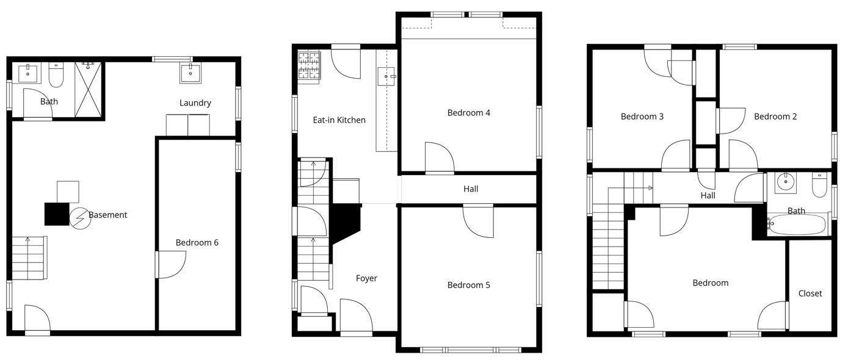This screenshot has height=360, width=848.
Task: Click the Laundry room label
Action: point(195,103)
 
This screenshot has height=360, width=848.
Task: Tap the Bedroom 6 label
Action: point(197,243)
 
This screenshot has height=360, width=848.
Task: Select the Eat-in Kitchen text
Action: point(339,120)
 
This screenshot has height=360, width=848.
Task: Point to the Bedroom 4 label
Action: point(469,113)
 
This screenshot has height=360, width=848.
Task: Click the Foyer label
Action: point(366,279)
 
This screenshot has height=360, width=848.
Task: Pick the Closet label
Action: point(810,293)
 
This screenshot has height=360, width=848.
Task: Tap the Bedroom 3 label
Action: point(642,117)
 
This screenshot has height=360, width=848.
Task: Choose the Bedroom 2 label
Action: point(775,117)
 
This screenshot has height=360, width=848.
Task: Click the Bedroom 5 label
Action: point(469,285)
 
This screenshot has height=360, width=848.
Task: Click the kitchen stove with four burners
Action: point(310,67)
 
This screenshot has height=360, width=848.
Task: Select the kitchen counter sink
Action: point(386,76)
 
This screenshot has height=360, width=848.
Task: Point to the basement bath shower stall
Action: point(88,90)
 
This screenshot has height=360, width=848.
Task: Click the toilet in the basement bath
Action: point(56,74)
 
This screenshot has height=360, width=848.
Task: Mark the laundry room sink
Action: point(190,73)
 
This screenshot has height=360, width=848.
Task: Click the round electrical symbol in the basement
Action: point(80,218)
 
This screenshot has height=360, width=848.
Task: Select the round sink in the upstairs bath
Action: point(786,182)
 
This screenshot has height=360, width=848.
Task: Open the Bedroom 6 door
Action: point(170,265)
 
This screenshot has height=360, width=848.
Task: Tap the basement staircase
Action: point(29,257)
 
